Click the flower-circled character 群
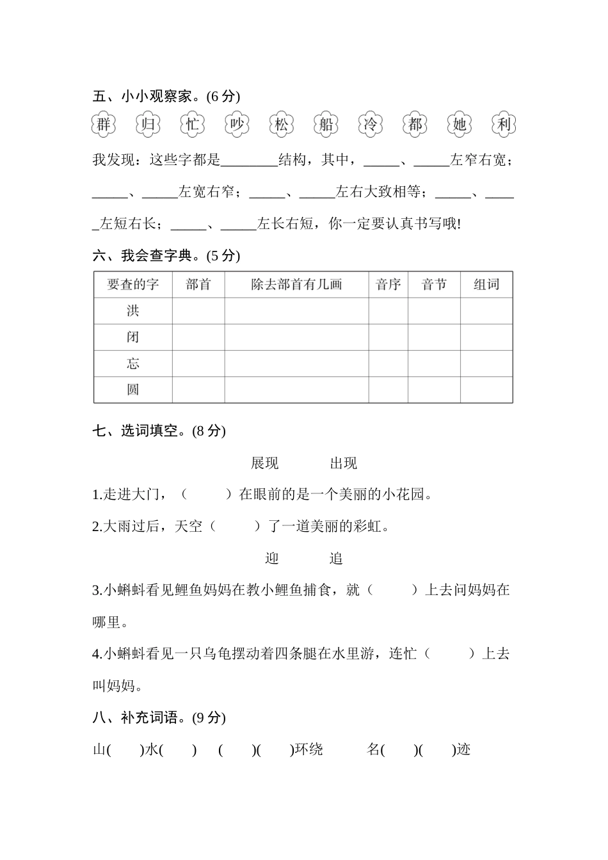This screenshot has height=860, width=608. [104, 124]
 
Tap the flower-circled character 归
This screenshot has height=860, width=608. [148, 124]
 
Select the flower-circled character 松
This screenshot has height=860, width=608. [282, 124]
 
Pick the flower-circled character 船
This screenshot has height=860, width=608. [326, 124]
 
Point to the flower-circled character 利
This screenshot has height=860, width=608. [504, 124]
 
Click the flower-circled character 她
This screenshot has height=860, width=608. [460, 124]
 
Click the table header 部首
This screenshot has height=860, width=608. [198, 285]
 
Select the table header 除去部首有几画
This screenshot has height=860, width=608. [296, 285]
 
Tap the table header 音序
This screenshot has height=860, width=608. [388, 285]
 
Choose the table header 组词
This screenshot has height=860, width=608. [486, 285]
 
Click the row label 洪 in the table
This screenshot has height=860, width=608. [132, 311]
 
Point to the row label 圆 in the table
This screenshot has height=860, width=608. [132, 390]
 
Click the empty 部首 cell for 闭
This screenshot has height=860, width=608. [198, 337]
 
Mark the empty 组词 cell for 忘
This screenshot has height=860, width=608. [486, 363]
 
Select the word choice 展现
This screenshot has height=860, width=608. [265, 463]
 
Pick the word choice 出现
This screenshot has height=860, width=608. [344, 463]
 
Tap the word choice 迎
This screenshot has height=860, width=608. [272, 559]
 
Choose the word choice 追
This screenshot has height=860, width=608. [337, 559]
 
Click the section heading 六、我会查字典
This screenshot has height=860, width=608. [166, 256]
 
